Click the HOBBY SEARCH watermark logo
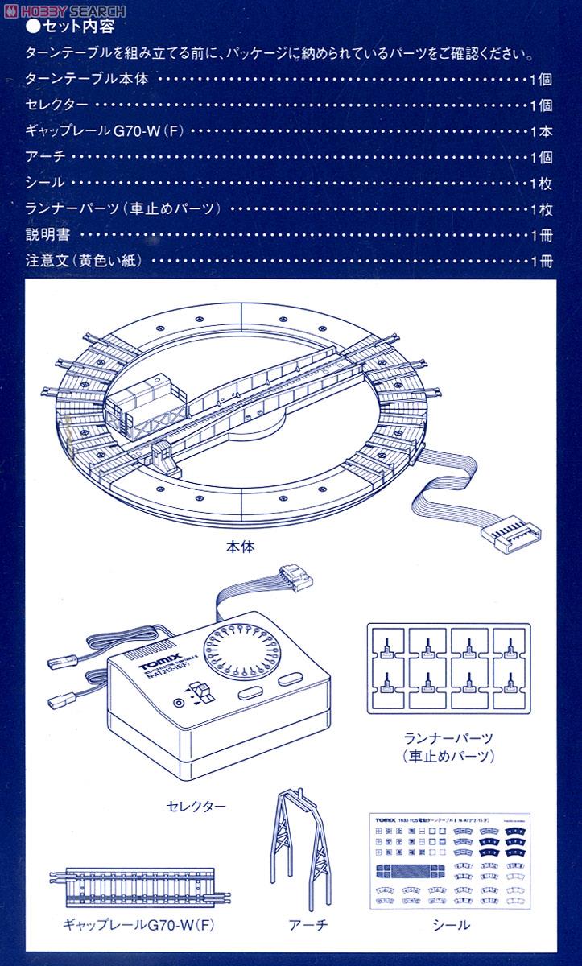tap(64, 10)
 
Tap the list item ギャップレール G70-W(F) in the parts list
tap(105, 130)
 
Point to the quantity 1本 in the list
tap(541, 130)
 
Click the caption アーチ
tap(307, 925)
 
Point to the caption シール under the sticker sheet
tap(450, 925)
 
